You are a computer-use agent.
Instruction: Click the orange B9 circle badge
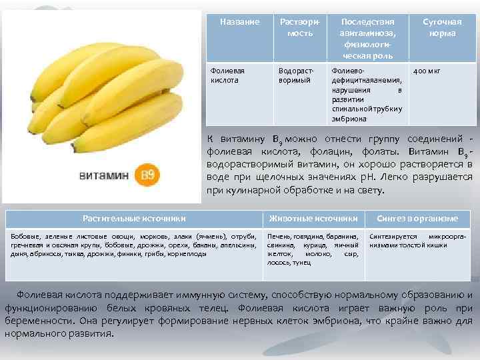coord(147,175)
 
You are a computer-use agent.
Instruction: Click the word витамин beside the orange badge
coord(103,175)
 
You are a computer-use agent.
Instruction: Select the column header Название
coord(239,22)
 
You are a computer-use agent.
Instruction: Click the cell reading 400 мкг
coord(427,71)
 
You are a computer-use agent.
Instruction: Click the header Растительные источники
coord(134,219)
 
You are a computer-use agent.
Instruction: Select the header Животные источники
coord(313,219)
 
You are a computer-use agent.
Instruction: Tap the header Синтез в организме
coord(417,219)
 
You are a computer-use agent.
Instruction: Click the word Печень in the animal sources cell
coord(279,237)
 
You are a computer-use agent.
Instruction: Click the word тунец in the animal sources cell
coord(303,263)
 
